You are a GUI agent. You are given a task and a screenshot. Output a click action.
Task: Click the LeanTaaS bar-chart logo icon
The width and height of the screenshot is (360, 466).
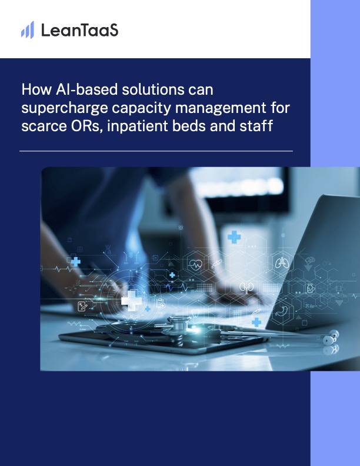27,30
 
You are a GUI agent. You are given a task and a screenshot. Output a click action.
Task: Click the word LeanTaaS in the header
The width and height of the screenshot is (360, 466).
79,30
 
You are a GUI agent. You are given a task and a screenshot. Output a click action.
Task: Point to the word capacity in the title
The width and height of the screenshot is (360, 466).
132,108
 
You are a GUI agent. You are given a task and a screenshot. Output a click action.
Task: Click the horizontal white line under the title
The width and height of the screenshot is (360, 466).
156,151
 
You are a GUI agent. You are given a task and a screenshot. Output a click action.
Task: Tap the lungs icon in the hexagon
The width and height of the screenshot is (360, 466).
282,262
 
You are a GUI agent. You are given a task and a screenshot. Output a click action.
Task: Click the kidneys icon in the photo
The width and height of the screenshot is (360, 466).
245,287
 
